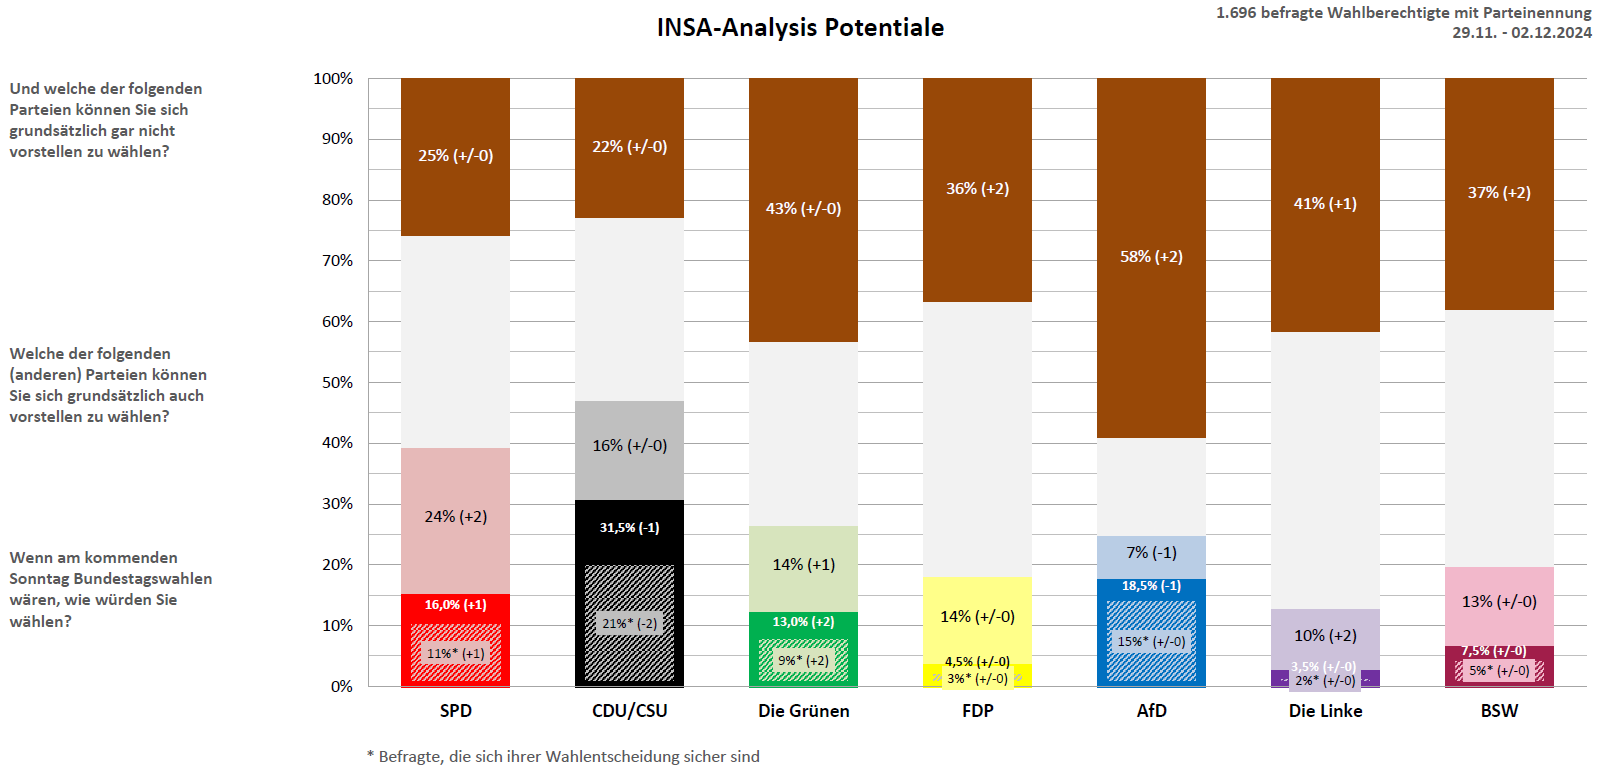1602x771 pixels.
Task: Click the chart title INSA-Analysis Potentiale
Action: (800, 28)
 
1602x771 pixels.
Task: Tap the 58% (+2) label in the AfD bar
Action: (1151, 257)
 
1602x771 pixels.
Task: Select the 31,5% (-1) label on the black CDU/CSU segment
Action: (629, 528)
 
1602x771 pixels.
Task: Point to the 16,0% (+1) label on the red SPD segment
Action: (455, 605)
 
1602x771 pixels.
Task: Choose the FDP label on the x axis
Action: (977, 711)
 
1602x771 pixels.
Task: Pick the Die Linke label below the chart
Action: (1325, 711)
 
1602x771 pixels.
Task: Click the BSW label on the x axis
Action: (1499, 711)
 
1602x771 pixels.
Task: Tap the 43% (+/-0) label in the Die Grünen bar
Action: (803, 209)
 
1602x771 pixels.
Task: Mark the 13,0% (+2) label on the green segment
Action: (803, 622)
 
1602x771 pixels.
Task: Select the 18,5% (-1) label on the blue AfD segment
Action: (1151, 586)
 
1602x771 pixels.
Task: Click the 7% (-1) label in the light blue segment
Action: (1151, 553)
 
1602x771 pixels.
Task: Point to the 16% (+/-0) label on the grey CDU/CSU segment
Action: (629, 446)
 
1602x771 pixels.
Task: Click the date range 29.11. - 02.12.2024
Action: (1521, 33)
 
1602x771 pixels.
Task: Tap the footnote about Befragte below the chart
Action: (563, 757)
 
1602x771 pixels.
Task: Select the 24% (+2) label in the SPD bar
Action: (455, 517)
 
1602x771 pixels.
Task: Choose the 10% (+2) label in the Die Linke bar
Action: (1325, 636)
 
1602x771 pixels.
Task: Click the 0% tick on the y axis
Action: (341, 687)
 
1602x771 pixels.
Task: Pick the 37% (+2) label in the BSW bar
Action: (1499, 193)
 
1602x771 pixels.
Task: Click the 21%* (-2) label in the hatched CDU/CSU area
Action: (629, 624)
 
